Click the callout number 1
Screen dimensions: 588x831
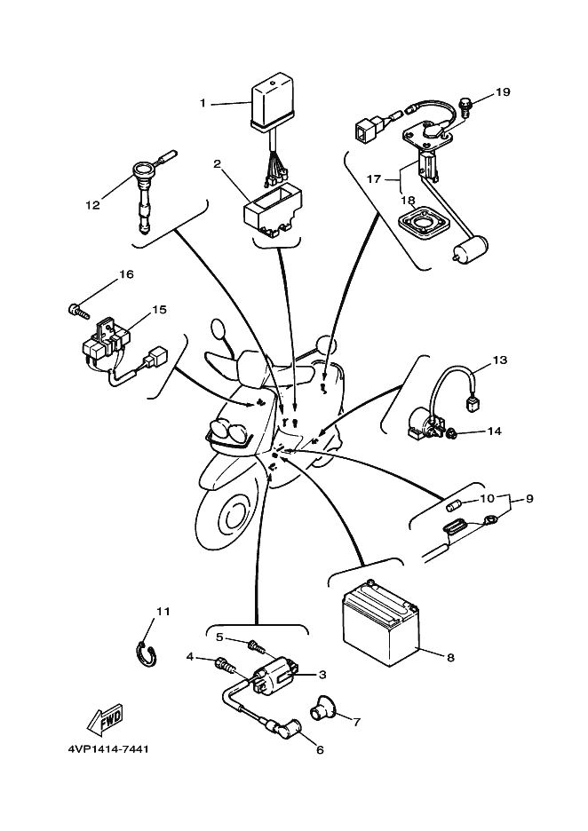coord(202,103)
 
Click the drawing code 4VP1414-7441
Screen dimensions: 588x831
coord(108,749)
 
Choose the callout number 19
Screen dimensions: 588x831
coord(503,92)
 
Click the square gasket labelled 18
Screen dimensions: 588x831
coord(423,223)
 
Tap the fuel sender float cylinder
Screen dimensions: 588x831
coord(470,248)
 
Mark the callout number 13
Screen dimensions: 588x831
coord(500,360)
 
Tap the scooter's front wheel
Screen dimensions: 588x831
coord(229,516)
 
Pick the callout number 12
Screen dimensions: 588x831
coord(92,205)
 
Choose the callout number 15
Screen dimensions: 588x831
coord(159,310)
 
